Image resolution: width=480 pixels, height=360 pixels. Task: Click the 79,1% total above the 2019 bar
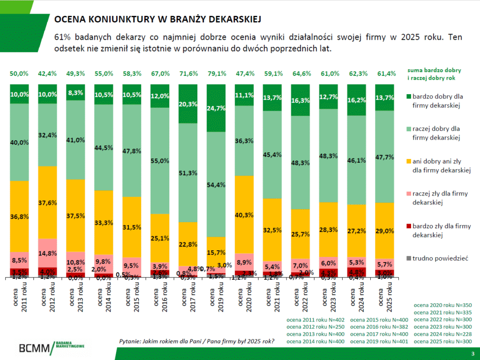point(217,74)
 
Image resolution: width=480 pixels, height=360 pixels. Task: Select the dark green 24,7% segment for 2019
point(217,108)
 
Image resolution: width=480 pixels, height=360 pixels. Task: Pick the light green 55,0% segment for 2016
point(160,161)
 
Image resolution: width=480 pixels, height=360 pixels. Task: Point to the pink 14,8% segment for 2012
point(47,253)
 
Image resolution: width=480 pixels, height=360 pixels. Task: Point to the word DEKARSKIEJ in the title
point(234,19)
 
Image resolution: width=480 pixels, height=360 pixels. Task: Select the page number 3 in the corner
point(472,353)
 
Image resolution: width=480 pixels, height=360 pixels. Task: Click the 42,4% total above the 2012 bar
point(47,74)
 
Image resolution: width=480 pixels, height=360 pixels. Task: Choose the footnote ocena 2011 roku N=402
point(315,320)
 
